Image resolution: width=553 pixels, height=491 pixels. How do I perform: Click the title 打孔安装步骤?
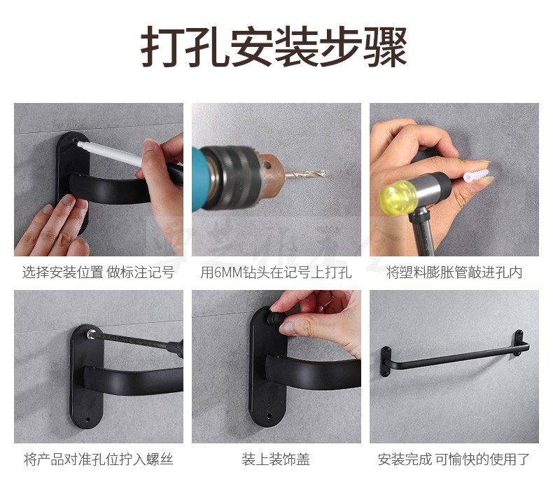pos(274,47)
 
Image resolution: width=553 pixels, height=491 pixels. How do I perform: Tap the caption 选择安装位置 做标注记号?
pos(99,272)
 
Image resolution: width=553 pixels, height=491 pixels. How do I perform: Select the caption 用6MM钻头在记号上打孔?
pos(276,272)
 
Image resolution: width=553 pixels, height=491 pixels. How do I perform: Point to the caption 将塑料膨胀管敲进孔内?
pos(454,272)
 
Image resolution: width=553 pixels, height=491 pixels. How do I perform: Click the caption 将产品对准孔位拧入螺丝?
pos(99,459)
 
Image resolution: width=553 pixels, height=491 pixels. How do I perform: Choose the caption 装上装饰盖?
pos(276,459)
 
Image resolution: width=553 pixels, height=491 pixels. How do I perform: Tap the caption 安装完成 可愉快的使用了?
pos(454,459)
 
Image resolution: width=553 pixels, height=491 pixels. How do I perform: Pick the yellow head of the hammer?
pos(398,198)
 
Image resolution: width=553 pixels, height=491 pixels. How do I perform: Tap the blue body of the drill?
pos(201,180)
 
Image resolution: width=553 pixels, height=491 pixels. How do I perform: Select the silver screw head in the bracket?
pos(91,334)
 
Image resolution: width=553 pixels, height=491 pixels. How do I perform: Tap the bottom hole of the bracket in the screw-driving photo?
pos(87,420)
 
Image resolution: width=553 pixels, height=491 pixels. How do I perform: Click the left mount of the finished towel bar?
pos(386,362)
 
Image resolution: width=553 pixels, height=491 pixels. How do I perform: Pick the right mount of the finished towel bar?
pos(519,342)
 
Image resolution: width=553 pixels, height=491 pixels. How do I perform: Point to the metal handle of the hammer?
pos(422,233)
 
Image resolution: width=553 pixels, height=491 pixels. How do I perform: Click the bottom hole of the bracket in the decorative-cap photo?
pos(269,416)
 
